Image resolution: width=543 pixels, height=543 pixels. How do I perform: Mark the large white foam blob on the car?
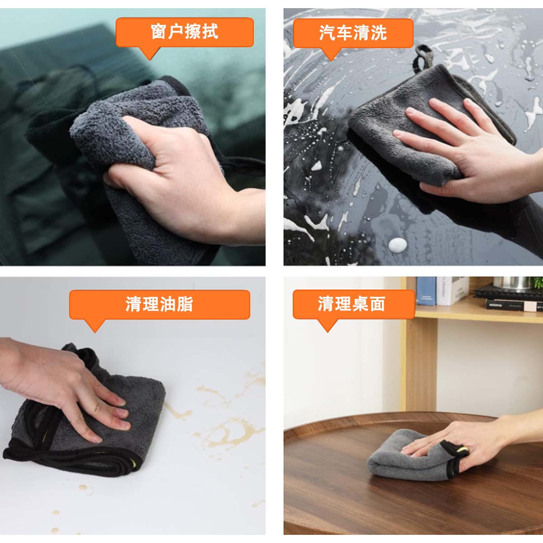398,245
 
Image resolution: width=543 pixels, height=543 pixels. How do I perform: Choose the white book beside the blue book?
452,291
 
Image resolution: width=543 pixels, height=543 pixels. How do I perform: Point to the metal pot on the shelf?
512,283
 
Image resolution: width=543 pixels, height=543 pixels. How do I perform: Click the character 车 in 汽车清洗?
344,33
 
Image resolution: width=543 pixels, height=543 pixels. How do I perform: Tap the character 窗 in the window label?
159,32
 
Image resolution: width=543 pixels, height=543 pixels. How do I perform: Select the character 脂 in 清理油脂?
185,305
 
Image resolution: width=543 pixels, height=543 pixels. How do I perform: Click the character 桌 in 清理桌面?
361,305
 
